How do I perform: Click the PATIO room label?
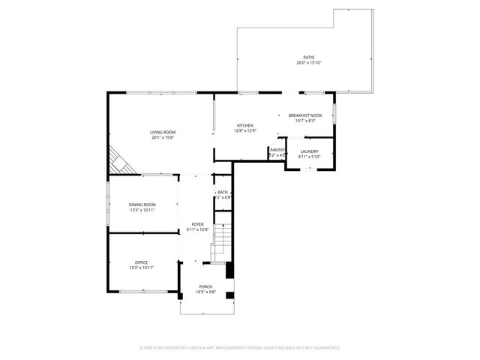tap(308, 57)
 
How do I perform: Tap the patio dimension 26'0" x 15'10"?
tap(308, 63)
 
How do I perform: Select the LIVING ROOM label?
tap(163, 132)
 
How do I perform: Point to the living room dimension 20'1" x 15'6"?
tap(163, 138)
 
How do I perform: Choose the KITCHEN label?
tap(245, 125)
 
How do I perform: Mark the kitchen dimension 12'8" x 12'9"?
tap(245, 131)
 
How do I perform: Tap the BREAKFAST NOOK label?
tap(305, 115)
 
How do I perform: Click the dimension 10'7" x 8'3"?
tap(305, 121)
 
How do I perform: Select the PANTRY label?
tap(277, 150)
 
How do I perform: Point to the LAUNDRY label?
tap(309, 151)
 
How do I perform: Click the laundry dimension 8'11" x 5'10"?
tap(309, 157)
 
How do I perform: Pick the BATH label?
tap(223, 192)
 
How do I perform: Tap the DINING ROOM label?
tap(142, 205)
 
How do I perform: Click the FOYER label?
tap(197, 224)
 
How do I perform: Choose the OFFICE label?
tap(141, 262)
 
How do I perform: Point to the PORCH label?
tap(205, 286)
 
